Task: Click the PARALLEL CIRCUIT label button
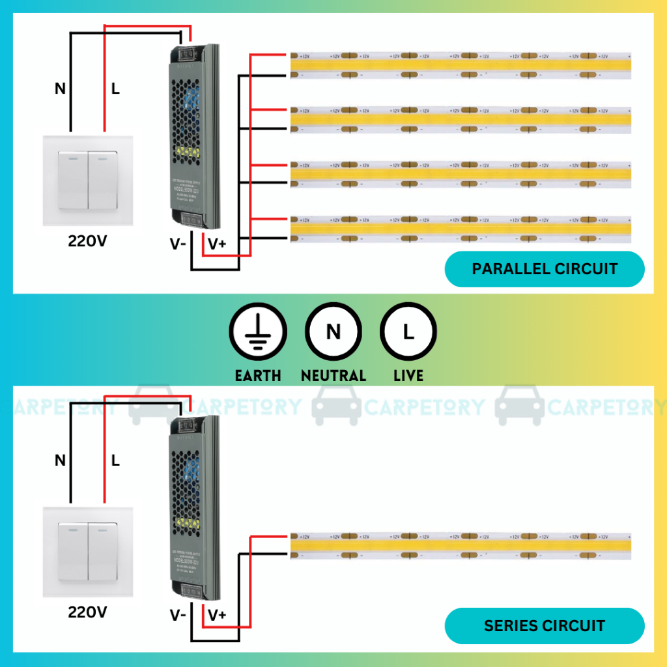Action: pyautogui.click(x=545, y=269)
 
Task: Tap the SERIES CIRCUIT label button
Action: pyautogui.click(x=545, y=626)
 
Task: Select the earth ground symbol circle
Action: pyautogui.click(x=257, y=333)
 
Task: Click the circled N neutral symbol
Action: pyautogui.click(x=333, y=333)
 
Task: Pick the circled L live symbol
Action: pyautogui.click(x=408, y=333)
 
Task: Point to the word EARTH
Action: pyautogui.click(x=258, y=376)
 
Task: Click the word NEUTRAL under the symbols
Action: pyautogui.click(x=333, y=376)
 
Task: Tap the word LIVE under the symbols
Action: pyautogui.click(x=408, y=376)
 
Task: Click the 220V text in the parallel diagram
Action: pyautogui.click(x=87, y=242)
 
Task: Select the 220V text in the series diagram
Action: pyautogui.click(x=87, y=613)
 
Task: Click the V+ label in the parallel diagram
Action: pyautogui.click(x=217, y=245)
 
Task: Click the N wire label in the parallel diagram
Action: pyautogui.click(x=60, y=89)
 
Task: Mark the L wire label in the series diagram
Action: pyautogui.click(x=115, y=461)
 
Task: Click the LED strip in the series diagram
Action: pyautogui.click(x=460, y=546)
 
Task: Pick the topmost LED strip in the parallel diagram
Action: pyautogui.click(x=460, y=65)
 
